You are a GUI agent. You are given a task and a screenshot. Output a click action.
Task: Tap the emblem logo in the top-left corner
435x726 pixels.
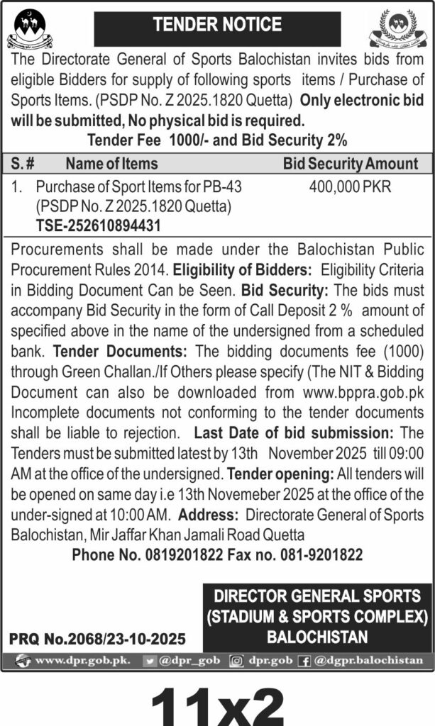(x=30, y=28)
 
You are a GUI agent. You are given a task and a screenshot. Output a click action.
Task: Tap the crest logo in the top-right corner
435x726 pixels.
(x=401, y=29)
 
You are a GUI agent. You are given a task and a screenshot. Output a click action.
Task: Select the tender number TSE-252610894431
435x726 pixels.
(x=98, y=225)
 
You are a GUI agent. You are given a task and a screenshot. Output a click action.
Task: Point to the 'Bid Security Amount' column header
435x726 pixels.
(x=351, y=164)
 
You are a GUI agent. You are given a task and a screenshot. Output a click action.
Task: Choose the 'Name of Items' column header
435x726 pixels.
(x=111, y=164)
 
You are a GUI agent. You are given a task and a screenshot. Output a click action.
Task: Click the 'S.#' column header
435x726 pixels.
(x=23, y=164)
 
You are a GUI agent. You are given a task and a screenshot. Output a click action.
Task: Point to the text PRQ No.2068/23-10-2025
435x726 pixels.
(x=97, y=639)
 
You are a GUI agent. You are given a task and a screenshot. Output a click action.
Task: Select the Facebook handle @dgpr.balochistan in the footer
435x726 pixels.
(x=368, y=660)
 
